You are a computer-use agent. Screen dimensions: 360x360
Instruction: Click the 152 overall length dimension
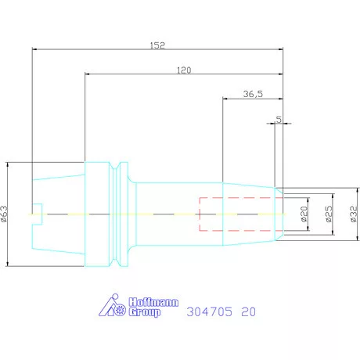click(157, 45)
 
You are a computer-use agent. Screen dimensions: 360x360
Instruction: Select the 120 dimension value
click(184, 70)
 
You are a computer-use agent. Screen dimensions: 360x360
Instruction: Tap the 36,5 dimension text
click(253, 94)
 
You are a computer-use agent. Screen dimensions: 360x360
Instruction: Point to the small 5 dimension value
click(279, 120)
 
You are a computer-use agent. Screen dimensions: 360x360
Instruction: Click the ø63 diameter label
click(5, 214)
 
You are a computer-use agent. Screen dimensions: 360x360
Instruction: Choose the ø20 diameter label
click(304, 214)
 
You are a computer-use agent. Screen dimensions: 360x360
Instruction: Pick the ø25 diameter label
click(329, 214)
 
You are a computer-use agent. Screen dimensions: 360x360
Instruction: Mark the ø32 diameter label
click(354, 214)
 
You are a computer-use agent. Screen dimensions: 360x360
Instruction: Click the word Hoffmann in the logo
click(153, 302)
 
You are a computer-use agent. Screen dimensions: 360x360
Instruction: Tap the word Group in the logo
click(145, 312)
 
